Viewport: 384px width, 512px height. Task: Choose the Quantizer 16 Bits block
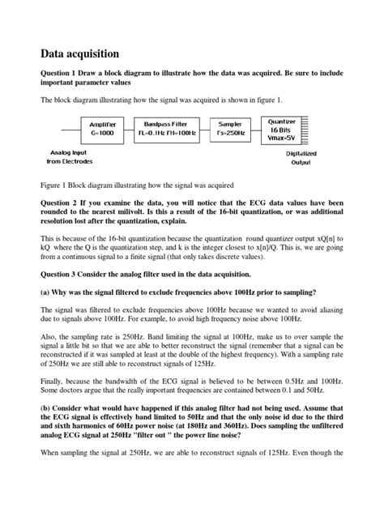coord(282,129)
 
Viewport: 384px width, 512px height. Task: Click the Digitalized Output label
coord(301,157)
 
